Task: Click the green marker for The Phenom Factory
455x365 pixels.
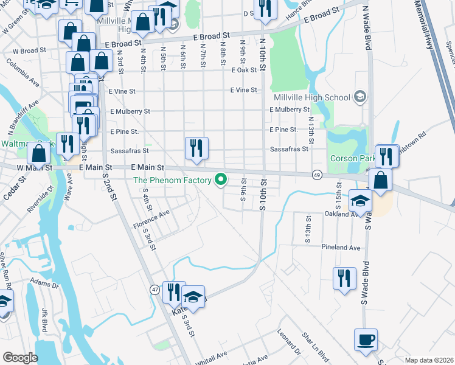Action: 221,179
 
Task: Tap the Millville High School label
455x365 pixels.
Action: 312,97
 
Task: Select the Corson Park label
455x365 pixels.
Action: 350,158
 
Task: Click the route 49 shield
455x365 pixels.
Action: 317,174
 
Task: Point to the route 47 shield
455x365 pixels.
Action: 156,290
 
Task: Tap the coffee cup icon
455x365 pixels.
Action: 366,339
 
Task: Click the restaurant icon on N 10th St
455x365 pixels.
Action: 264,9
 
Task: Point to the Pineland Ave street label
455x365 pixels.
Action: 341,248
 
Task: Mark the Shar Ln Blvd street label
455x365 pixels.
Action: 315,345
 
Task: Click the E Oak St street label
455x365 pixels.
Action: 243,71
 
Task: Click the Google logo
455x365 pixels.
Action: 20,358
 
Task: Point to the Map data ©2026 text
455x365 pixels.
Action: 428,360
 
